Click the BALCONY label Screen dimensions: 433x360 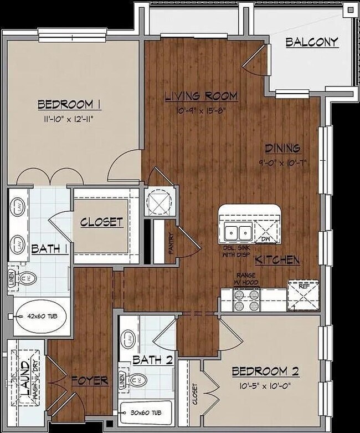[312, 43]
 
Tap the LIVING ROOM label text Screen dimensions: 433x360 [201, 96]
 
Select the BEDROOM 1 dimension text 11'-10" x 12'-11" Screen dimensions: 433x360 [69, 118]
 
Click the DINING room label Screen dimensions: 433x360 [282, 148]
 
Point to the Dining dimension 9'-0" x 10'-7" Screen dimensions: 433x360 [282, 162]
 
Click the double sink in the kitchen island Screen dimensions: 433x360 [239, 232]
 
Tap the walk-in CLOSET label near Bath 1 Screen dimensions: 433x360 [101, 222]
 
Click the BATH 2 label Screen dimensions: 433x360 [152, 360]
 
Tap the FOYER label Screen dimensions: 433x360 [89, 380]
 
